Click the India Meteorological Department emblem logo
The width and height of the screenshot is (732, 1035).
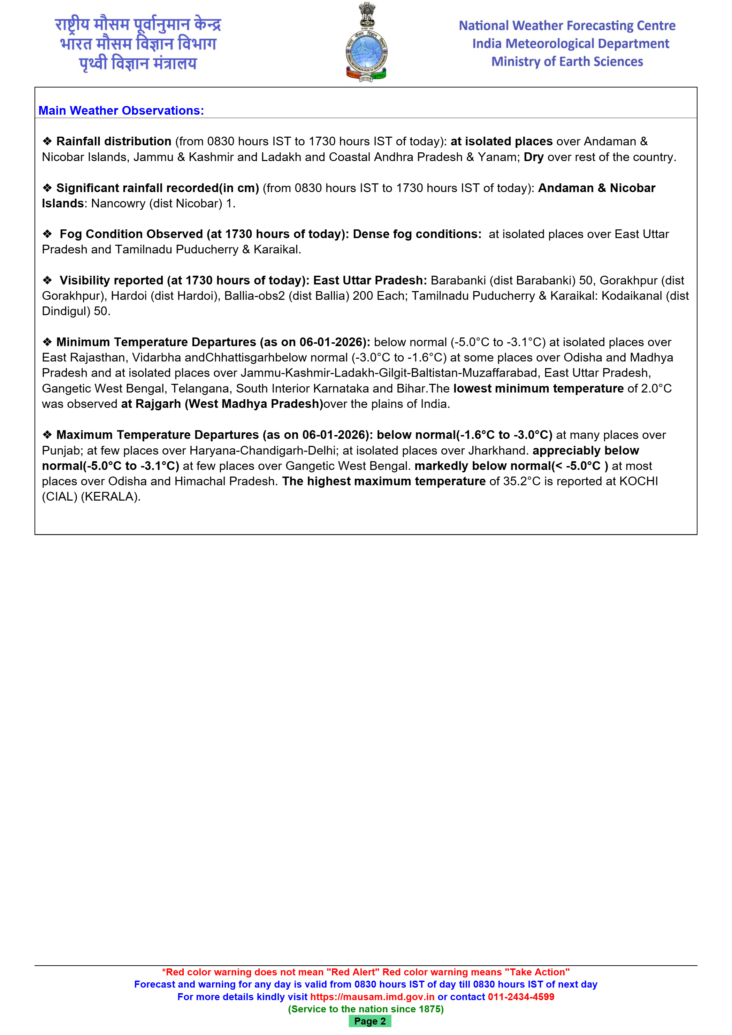pyautogui.click(x=366, y=43)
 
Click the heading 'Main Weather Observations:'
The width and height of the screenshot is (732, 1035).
pyautogui.click(x=121, y=111)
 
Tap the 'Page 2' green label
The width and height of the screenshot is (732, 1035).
pyautogui.click(x=369, y=1021)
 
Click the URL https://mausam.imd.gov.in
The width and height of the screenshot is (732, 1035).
pyautogui.click(x=372, y=997)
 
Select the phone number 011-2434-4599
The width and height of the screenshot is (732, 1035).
pyautogui.click(x=521, y=997)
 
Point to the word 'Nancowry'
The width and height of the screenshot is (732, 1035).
pyautogui.click(x=118, y=203)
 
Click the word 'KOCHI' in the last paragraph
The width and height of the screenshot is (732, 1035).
pyautogui.click(x=638, y=481)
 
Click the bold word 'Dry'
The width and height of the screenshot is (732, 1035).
pyautogui.click(x=533, y=157)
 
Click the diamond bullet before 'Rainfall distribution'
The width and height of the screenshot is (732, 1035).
pyautogui.click(x=47, y=142)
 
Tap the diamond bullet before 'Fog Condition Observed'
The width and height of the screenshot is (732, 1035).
pyautogui.click(x=47, y=234)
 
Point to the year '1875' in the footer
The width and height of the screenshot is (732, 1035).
pyautogui.click(x=429, y=1009)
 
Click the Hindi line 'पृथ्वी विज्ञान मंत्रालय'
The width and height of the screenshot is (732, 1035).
pyautogui.click(x=138, y=63)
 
